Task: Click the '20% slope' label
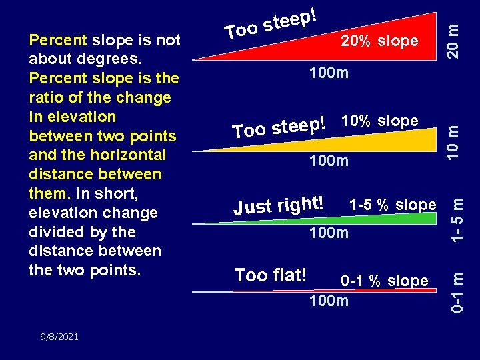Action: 379,41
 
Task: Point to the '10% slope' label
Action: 379,121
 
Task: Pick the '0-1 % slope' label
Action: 385,281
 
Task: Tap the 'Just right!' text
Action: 279,204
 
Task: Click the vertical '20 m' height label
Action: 453,40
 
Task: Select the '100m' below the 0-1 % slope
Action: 328,301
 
